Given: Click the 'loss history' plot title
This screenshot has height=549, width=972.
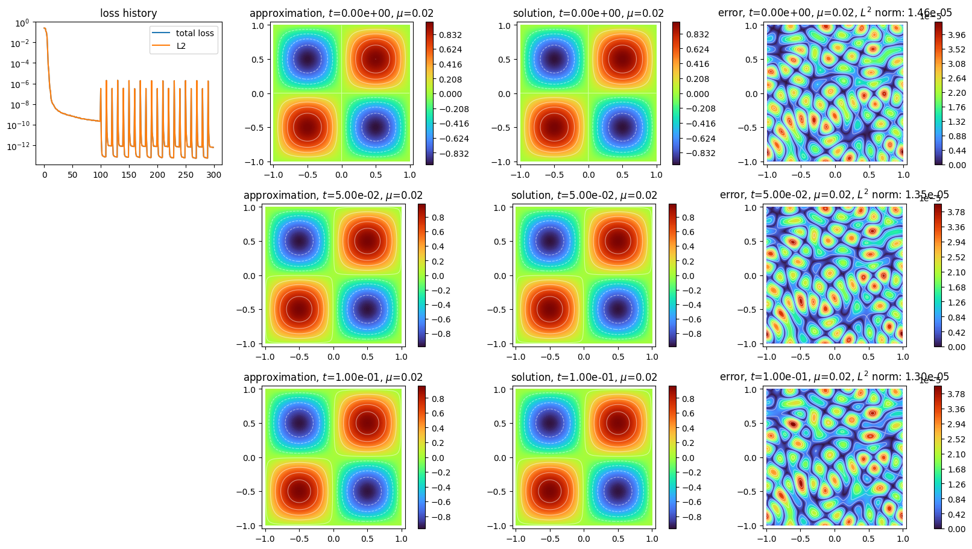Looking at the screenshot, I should coord(128,13).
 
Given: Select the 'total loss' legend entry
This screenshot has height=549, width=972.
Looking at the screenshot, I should coord(194,33).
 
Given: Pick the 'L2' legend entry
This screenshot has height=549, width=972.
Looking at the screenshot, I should coord(181,46).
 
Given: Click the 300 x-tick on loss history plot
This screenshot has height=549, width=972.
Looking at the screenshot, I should coord(214,175).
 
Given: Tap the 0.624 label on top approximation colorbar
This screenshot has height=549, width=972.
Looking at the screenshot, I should coord(450,49).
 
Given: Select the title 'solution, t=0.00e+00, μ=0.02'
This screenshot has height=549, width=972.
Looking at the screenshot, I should coord(588,13).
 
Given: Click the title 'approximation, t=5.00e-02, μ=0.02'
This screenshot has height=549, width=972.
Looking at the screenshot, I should coord(333,195).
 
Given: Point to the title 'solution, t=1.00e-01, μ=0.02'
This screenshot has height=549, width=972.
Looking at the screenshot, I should coord(584,377).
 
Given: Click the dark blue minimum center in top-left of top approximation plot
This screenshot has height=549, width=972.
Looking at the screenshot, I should coord(308,59).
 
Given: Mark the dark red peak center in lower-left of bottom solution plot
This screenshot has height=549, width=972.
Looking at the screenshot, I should coord(549,491).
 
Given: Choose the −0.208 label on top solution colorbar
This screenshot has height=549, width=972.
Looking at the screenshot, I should coord(701,108).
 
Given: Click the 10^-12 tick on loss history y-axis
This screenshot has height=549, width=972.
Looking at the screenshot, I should coord(19,146).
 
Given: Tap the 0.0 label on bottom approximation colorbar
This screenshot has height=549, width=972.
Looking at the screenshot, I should coord(438,458).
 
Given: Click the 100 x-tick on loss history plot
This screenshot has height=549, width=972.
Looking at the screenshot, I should coord(101,175).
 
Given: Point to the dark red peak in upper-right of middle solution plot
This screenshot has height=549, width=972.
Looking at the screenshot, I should coord(618,241).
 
